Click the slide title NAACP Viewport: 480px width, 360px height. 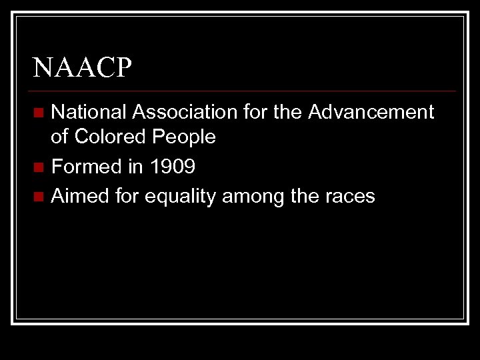[83, 67]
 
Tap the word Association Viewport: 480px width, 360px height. [187, 112]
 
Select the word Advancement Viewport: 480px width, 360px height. [371, 112]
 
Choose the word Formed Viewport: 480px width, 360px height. [86, 167]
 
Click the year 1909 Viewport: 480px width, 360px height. [172, 167]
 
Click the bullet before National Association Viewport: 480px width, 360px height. [40, 112]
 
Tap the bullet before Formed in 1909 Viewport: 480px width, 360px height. [40, 167]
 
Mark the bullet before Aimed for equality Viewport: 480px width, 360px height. [40, 196]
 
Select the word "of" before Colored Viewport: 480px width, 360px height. [60, 137]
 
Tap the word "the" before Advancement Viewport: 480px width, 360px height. [287, 112]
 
